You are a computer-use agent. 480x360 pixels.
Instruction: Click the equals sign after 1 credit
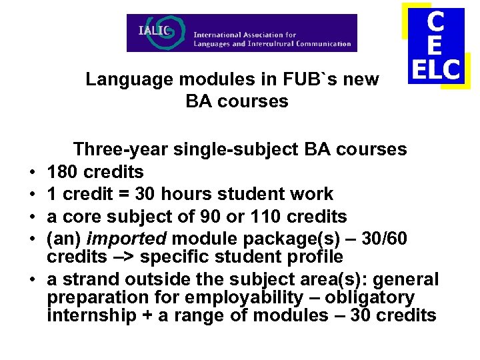point(121,194)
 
